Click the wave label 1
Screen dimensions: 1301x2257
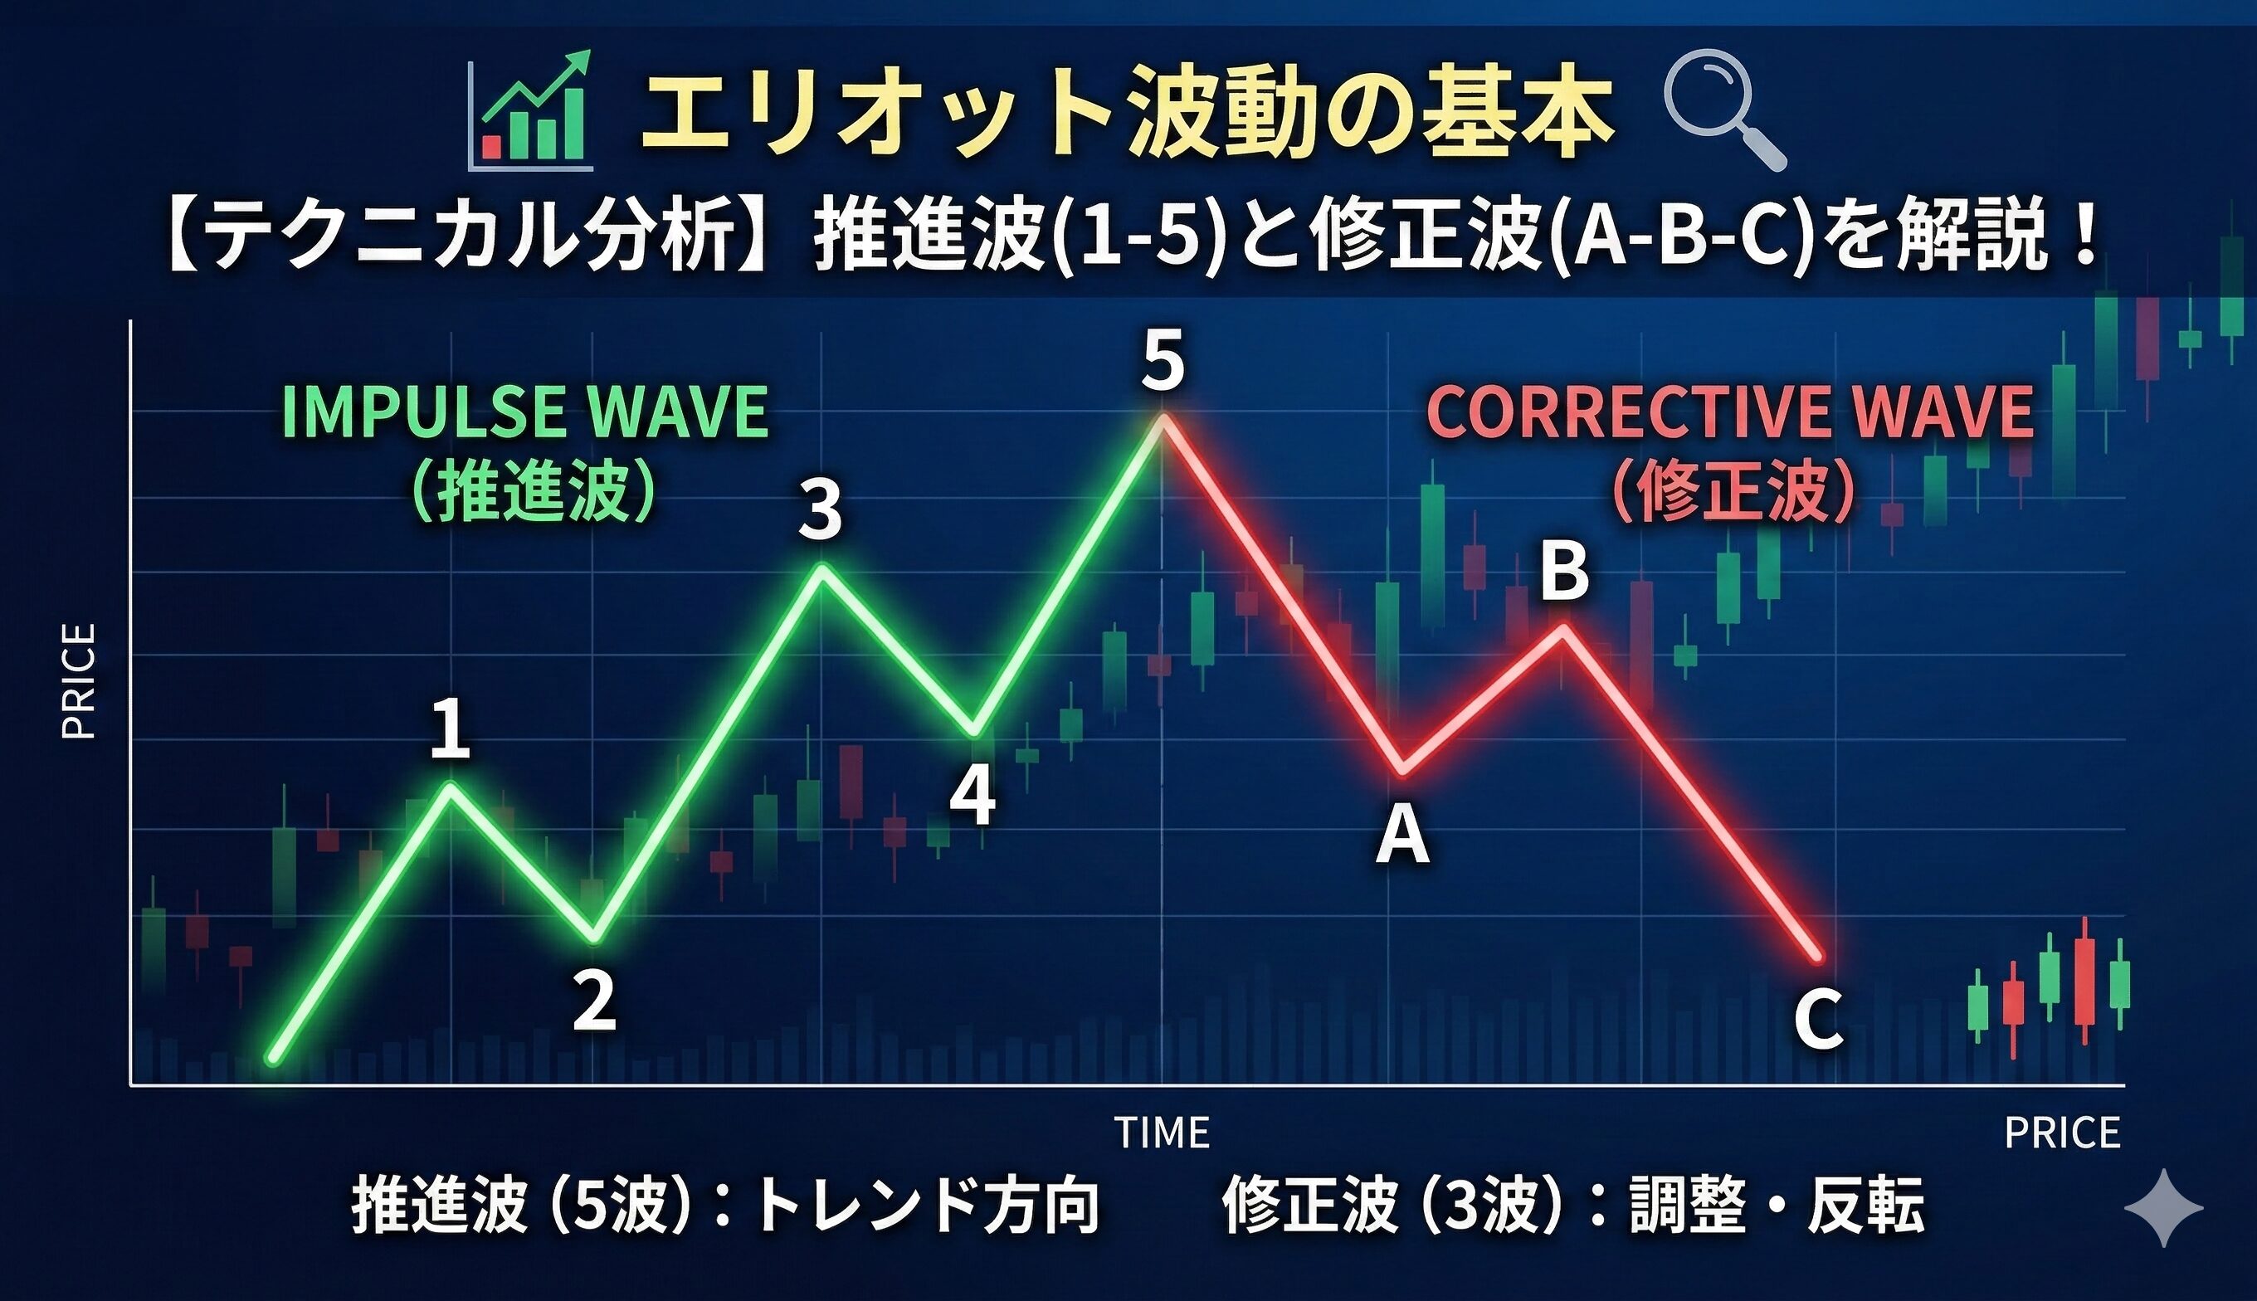coord(451,730)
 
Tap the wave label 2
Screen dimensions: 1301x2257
coord(594,1001)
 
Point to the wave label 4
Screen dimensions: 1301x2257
coord(973,798)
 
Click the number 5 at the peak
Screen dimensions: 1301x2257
coord(1163,361)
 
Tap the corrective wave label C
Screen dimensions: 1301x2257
coord(1818,1021)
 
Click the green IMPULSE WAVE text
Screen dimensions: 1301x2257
coord(525,413)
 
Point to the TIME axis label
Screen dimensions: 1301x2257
coord(1163,1133)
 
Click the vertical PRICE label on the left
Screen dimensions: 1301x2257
coord(79,681)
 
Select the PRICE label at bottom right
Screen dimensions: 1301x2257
coord(2062,1133)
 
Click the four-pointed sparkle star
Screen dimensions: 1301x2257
coord(2163,1207)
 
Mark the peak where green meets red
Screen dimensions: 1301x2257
coord(1162,418)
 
